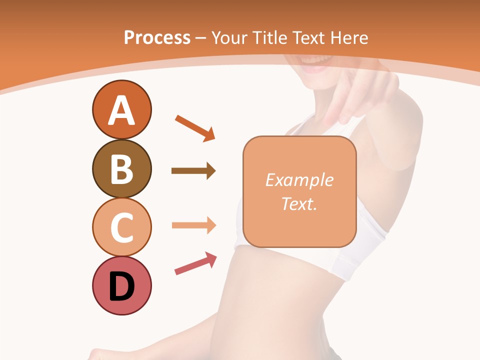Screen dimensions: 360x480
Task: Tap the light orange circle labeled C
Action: pos(121,227)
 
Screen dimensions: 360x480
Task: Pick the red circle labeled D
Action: pos(121,285)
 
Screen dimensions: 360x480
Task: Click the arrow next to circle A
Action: pos(195,127)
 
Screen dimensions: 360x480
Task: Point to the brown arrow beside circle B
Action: pos(193,171)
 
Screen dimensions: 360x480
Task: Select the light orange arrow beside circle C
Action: pos(193,225)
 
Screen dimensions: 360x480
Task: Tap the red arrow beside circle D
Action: pos(195,264)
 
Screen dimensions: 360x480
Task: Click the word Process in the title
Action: pos(157,37)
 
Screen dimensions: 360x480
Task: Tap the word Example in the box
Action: pos(299,180)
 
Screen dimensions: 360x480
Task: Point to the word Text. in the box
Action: pos(299,203)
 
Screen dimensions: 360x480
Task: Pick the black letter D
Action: pos(121,287)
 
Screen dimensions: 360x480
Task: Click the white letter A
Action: pos(121,110)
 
